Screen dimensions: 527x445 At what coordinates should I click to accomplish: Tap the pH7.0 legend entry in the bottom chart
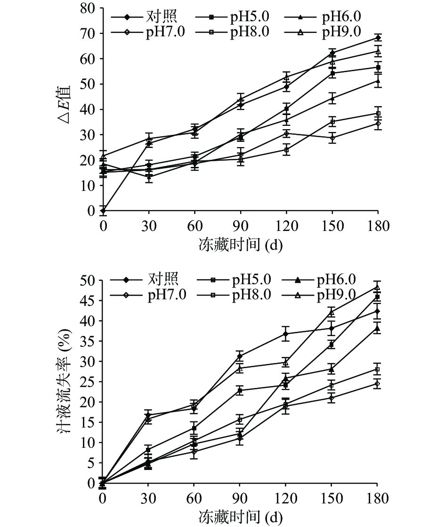coord(151,295)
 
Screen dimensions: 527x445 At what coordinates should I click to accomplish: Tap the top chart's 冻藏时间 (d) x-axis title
coord(240,245)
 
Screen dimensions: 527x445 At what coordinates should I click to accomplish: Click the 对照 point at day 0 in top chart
coord(103,211)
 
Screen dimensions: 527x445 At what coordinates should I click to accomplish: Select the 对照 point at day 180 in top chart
coord(378,37)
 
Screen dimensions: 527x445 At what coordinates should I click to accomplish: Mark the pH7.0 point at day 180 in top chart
coord(378,124)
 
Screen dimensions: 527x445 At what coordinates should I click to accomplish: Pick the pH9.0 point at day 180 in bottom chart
coord(378,287)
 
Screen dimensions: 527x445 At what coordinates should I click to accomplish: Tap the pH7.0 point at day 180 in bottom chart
coord(378,384)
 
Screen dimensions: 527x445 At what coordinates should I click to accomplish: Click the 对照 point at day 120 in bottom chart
coord(285,334)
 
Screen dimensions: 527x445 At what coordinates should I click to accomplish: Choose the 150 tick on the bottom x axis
coord(332,499)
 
